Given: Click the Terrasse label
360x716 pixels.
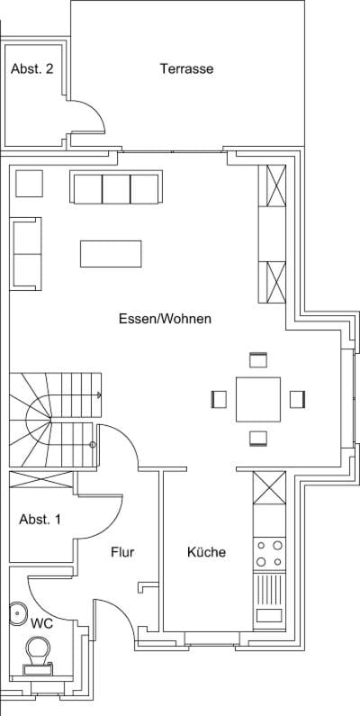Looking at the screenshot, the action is tap(186, 69).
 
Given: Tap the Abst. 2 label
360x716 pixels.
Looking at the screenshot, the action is tap(31, 69).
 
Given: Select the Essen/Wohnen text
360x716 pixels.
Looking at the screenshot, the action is tap(166, 319).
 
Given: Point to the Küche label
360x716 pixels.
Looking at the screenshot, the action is tap(206, 552).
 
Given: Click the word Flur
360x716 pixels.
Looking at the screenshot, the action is tap(122, 552).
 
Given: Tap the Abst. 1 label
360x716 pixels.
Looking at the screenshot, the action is tap(40, 520).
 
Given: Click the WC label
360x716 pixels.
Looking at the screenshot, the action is tap(41, 624).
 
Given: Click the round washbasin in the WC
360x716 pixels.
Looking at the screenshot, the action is tap(18, 613).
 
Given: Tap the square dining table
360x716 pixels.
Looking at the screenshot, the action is tap(258, 400).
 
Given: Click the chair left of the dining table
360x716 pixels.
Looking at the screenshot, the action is tap(219, 400).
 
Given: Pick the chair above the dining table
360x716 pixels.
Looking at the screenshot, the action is tap(257, 360).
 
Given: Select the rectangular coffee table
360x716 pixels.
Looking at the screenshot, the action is tap(111, 253).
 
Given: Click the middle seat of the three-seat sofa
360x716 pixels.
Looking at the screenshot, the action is tap(116, 188).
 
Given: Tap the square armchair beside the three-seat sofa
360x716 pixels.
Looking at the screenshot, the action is tap(29, 184).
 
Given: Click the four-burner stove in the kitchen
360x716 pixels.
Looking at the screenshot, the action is tap(270, 554).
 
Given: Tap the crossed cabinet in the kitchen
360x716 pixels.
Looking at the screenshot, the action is tap(269, 487).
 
